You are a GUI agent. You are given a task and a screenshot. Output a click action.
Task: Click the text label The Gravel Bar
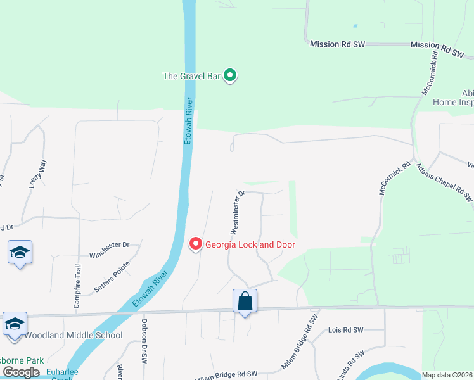click(191, 76)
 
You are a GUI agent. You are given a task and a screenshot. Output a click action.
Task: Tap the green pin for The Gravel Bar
click(231, 76)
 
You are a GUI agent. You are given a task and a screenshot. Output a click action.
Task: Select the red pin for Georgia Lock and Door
click(196, 244)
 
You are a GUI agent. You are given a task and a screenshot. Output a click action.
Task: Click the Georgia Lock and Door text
click(250, 244)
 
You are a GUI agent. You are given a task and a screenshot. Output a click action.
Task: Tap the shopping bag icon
click(245, 301)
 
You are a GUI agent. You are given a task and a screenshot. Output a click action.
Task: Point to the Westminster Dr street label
click(234, 212)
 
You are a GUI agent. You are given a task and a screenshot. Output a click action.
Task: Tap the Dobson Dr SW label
click(144, 349)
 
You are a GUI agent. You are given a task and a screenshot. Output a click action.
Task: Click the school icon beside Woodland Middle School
click(15, 324)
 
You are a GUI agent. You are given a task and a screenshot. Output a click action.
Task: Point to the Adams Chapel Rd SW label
click(444, 183)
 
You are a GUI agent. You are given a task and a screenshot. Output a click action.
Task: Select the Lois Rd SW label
click(346, 330)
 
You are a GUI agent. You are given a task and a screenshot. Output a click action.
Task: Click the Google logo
click(22, 372)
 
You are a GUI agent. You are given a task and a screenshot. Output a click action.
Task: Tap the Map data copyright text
click(447, 375)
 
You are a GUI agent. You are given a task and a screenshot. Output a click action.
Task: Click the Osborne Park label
click(22, 360)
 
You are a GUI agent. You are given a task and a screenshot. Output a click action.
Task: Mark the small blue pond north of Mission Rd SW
click(354, 26)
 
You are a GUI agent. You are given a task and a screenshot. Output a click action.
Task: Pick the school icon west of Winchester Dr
click(20, 253)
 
